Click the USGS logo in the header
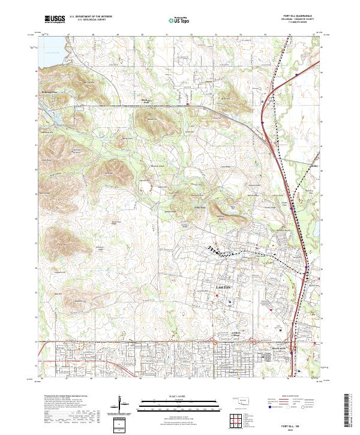tap(55, 19)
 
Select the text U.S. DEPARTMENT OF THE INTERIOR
tap(91, 17)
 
